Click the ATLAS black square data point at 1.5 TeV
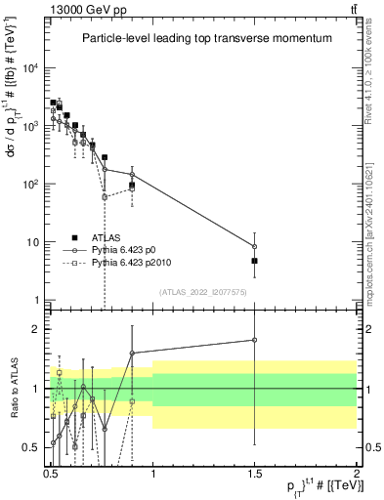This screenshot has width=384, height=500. [x=255, y=261]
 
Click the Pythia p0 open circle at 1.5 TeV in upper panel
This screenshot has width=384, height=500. [x=255, y=246]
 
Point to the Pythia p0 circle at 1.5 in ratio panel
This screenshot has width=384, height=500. [x=255, y=340]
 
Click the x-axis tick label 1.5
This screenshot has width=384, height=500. [x=254, y=472]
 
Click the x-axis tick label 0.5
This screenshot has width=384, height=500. [x=51, y=472]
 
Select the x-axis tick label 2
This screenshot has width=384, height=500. [x=357, y=472]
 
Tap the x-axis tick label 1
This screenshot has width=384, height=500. [x=153, y=472]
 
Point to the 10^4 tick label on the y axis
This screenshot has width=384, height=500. [x=31, y=68]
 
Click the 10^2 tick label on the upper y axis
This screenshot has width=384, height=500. [x=31, y=185]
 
